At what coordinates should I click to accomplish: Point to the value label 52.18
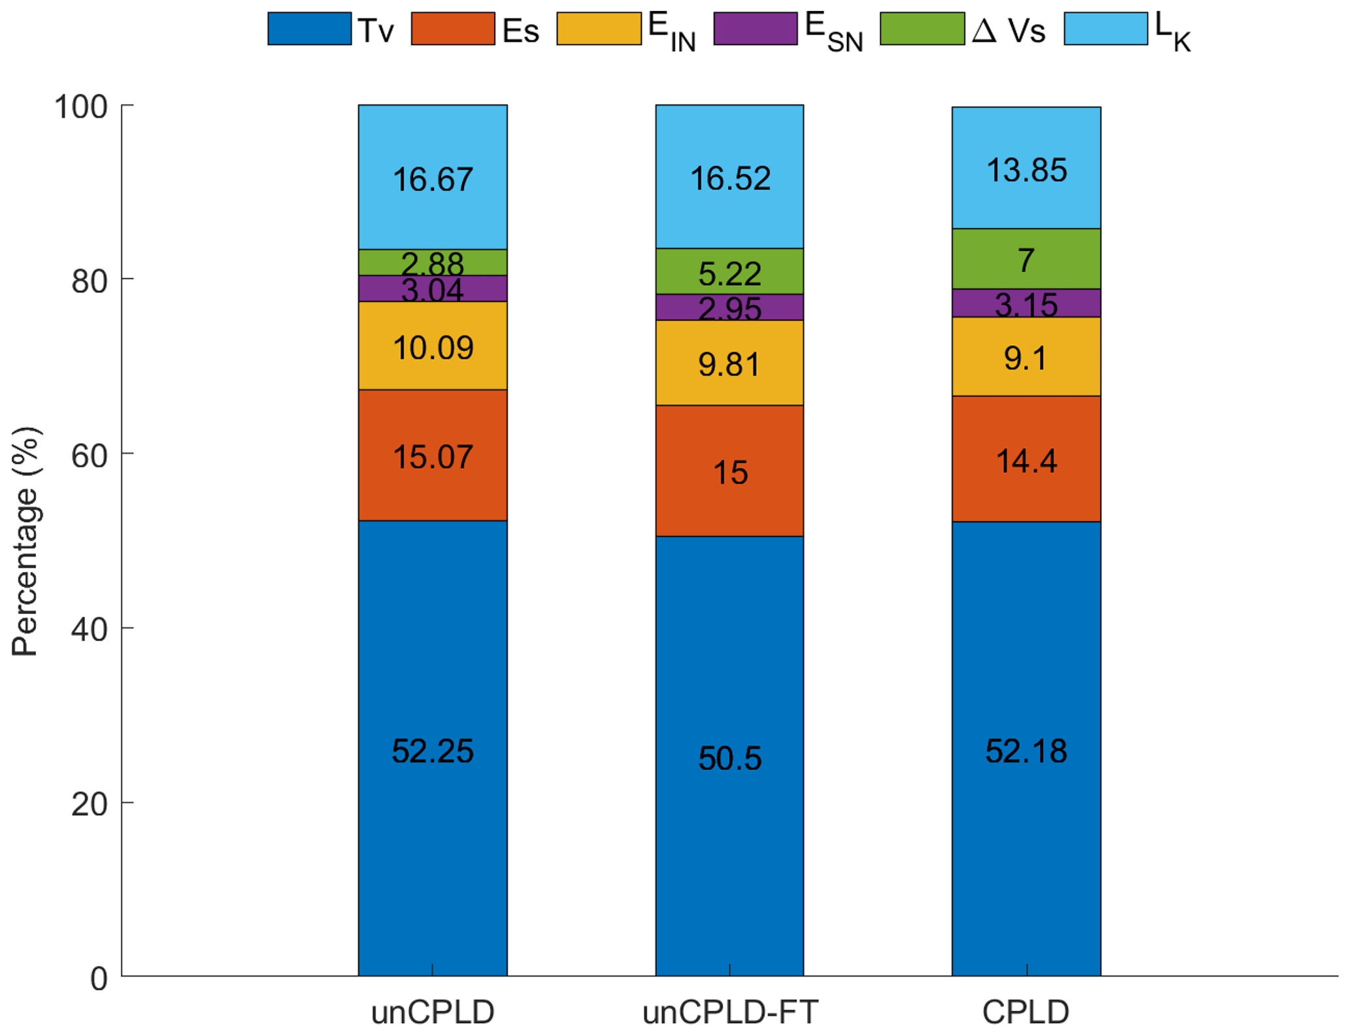(1026, 751)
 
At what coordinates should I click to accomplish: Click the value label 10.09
(433, 348)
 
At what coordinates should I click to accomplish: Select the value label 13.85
(1026, 171)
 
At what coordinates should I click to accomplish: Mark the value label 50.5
(729, 758)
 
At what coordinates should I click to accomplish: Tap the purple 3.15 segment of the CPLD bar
(1026, 303)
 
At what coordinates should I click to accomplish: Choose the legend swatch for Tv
(309, 29)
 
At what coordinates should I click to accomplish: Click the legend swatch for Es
(452, 29)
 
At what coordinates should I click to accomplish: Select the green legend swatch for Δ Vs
(922, 29)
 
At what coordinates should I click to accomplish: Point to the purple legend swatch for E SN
(755, 29)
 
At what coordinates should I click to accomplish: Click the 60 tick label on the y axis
(89, 456)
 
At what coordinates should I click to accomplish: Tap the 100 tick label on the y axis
(80, 107)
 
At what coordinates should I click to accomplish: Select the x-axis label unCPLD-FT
(729, 1012)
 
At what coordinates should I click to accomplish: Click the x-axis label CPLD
(1026, 1012)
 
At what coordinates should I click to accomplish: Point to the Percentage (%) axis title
(26, 541)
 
